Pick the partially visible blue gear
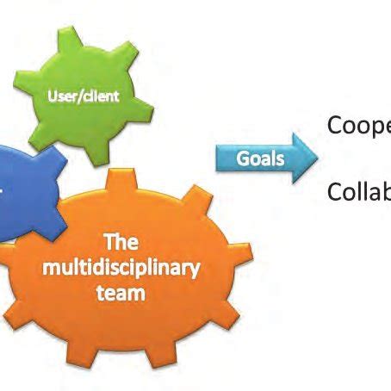(26, 194)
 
